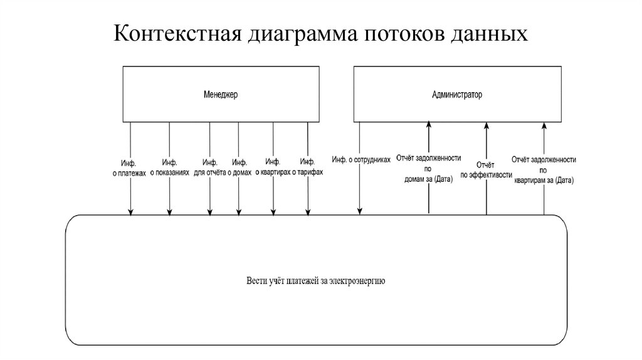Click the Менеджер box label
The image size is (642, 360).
(221, 95)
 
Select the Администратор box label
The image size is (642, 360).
(457, 95)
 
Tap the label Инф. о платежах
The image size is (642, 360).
(129, 167)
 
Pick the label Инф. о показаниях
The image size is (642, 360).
(169, 167)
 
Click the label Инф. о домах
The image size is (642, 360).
(240, 167)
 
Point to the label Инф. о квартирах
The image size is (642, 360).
(273, 167)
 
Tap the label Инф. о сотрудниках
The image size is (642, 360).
(361, 160)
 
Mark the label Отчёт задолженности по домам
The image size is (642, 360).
(429, 169)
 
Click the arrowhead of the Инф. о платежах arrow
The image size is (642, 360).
(130, 211)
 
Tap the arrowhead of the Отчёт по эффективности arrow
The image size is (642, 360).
(486, 126)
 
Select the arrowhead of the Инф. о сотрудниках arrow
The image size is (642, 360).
(359, 211)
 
